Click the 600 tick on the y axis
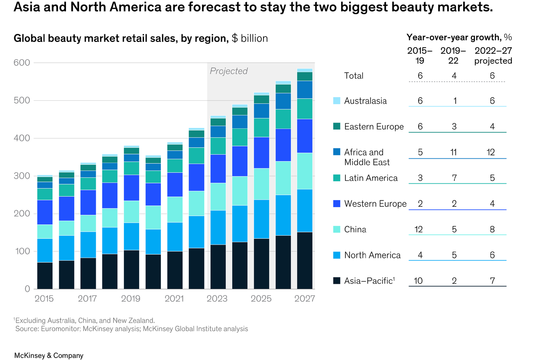pyautogui.click(x=21, y=63)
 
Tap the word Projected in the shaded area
pyautogui.click(x=229, y=71)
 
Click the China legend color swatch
pyautogui.click(x=337, y=229)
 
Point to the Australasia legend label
pyautogui.click(x=365, y=101)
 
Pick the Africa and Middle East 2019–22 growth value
pyautogui.click(x=454, y=152)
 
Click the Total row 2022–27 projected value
pyautogui.click(x=492, y=76)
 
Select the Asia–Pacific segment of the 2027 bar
pyautogui.click(x=305, y=260)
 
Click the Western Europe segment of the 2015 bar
pyautogui.click(x=45, y=212)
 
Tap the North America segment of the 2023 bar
pyautogui.click(x=218, y=227)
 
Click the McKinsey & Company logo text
pyautogui.click(x=49, y=355)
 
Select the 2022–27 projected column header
pyautogui.click(x=493, y=56)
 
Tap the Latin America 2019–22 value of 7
pyautogui.click(x=454, y=178)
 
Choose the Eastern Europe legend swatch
pyautogui.click(x=337, y=127)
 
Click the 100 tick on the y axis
pyautogui.click(x=21, y=252)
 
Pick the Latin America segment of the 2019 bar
pyautogui.click(x=132, y=168)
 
